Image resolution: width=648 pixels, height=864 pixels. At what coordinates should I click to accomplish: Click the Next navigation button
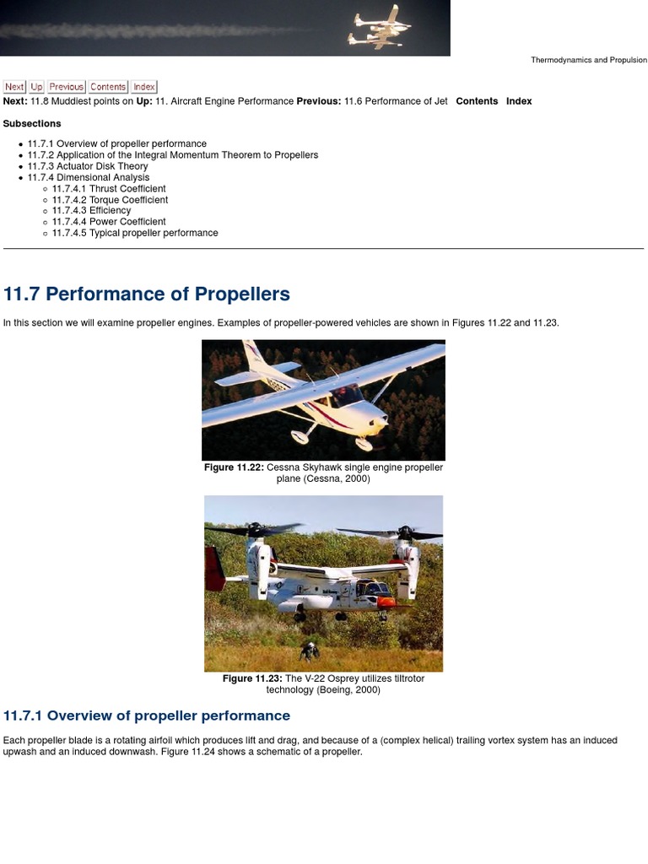(x=14, y=87)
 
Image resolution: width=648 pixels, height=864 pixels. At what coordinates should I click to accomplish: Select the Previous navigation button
(x=66, y=87)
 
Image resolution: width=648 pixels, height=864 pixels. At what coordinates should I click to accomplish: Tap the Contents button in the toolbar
(x=108, y=87)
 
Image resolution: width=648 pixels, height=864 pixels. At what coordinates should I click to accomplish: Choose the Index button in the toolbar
(x=144, y=87)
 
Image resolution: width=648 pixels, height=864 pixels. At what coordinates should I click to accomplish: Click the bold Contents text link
(x=477, y=101)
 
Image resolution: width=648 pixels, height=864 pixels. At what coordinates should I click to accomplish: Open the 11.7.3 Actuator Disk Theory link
(x=88, y=166)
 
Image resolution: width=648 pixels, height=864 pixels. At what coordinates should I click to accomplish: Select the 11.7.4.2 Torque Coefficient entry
(x=110, y=200)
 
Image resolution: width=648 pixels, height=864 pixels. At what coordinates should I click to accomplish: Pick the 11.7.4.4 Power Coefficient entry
(x=109, y=222)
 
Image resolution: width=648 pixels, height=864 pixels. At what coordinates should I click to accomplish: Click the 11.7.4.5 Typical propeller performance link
(x=135, y=233)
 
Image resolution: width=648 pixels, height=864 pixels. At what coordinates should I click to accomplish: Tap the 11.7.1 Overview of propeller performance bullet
(x=116, y=144)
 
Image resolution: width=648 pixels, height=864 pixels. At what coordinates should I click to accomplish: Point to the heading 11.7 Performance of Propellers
(x=147, y=294)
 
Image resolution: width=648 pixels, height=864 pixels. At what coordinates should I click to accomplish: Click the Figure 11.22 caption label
(x=234, y=467)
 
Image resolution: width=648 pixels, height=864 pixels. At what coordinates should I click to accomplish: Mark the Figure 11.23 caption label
(x=252, y=678)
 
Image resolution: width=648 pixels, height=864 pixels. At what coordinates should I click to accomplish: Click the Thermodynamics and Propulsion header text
(x=588, y=61)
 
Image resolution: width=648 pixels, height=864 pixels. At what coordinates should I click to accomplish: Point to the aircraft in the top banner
(x=379, y=29)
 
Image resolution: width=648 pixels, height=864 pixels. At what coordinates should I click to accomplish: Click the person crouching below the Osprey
(x=310, y=651)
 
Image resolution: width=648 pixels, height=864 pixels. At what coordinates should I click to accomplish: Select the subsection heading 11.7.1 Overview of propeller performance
(x=147, y=715)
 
